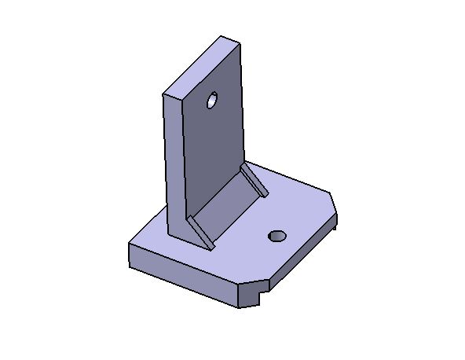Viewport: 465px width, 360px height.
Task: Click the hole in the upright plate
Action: pos(211,101)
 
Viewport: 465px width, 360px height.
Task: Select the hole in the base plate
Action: pos(276,236)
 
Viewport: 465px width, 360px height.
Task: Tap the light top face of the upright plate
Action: pos(201,66)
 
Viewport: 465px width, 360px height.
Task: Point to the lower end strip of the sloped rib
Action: pos(202,233)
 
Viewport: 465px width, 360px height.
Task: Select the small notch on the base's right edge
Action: pos(335,225)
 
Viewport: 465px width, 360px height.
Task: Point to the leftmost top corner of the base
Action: pos(129,244)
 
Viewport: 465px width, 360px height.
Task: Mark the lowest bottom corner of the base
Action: pos(240,307)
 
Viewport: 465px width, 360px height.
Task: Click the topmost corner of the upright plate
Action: pos(222,35)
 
